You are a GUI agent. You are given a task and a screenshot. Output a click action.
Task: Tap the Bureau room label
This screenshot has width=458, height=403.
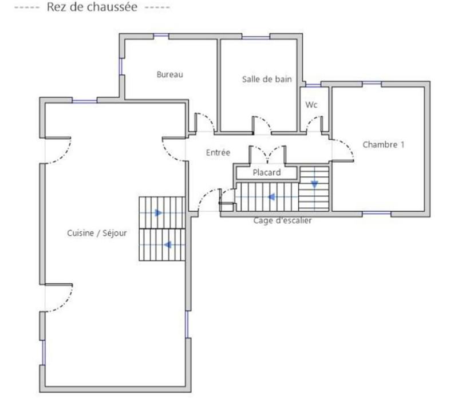[169, 74]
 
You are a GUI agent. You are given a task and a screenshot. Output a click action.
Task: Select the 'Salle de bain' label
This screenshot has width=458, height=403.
[266, 80]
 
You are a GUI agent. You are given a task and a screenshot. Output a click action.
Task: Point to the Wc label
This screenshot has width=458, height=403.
[311, 105]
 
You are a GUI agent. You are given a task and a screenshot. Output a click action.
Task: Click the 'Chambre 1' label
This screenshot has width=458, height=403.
[383, 145]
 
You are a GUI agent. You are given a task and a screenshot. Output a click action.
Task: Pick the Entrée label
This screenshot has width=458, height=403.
[218, 153]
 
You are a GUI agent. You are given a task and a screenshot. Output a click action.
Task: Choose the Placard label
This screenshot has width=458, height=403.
[266, 172]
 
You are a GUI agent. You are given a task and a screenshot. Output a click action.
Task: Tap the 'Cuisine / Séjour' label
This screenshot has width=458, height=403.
[97, 233]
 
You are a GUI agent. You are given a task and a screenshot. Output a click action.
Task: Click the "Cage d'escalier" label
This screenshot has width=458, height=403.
[283, 220]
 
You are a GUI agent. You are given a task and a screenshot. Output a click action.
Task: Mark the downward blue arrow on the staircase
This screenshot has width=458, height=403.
[314, 184]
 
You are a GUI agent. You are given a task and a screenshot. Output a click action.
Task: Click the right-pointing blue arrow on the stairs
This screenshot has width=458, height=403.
[159, 213]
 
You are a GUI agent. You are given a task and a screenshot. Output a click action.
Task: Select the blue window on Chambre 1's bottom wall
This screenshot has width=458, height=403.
[377, 214]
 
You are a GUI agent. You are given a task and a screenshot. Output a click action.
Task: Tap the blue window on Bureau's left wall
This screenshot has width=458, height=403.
[121, 66]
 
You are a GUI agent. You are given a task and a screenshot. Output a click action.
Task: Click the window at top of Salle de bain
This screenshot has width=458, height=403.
[255, 37]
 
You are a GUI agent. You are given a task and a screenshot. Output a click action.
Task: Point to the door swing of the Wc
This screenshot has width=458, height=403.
[314, 123]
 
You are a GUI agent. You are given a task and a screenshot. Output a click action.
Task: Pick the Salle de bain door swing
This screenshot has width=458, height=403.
[262, 124]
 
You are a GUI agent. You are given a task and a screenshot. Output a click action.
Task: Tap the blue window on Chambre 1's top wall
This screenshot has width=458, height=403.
[372, 84]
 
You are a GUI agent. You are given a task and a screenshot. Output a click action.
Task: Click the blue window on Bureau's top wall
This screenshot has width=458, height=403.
[161, 37]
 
